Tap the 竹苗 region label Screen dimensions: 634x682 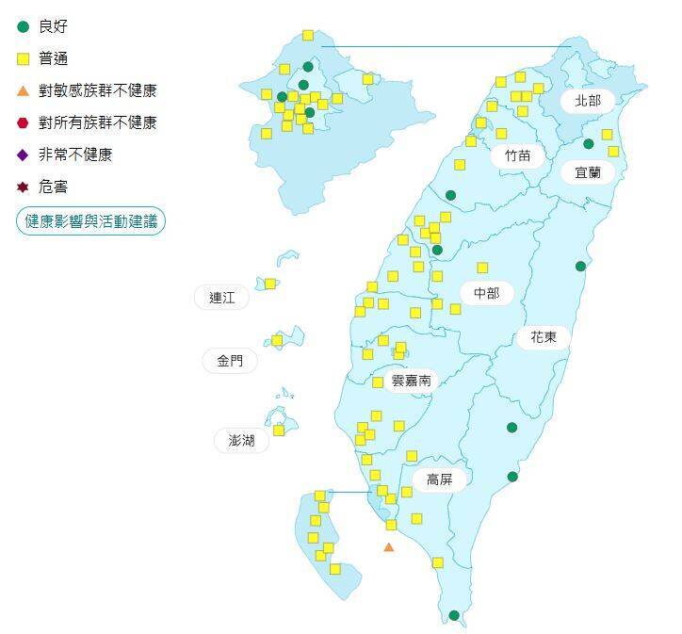[x=517, y=154]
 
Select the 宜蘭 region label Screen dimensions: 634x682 [x=588, y=172]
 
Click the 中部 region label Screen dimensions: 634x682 [x=486, y=293]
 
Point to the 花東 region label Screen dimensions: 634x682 [x=543, y=336]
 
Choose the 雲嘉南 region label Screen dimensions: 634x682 [x=411, y=380]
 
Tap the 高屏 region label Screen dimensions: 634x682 [x=439, y=480]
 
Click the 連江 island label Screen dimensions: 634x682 [x=222, y=298]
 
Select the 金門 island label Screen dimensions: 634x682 [x=229, y=360]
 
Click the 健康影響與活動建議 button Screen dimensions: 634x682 [x=90, y=221]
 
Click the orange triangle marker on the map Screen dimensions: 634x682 [x=389, y=546]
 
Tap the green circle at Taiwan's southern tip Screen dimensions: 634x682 [x=454, y=615]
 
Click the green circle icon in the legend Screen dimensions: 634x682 [x=24, y=26]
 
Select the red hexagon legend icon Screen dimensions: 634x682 [x=24, y=122]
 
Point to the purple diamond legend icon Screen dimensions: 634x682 [x=24, y=154]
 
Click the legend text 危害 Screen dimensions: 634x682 [x=53, y=187]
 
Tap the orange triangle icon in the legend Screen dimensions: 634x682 [x=24, y=90]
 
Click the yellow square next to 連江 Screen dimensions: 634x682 [x=270, y=284]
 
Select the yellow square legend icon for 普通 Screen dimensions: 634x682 [x=24, y=58]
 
